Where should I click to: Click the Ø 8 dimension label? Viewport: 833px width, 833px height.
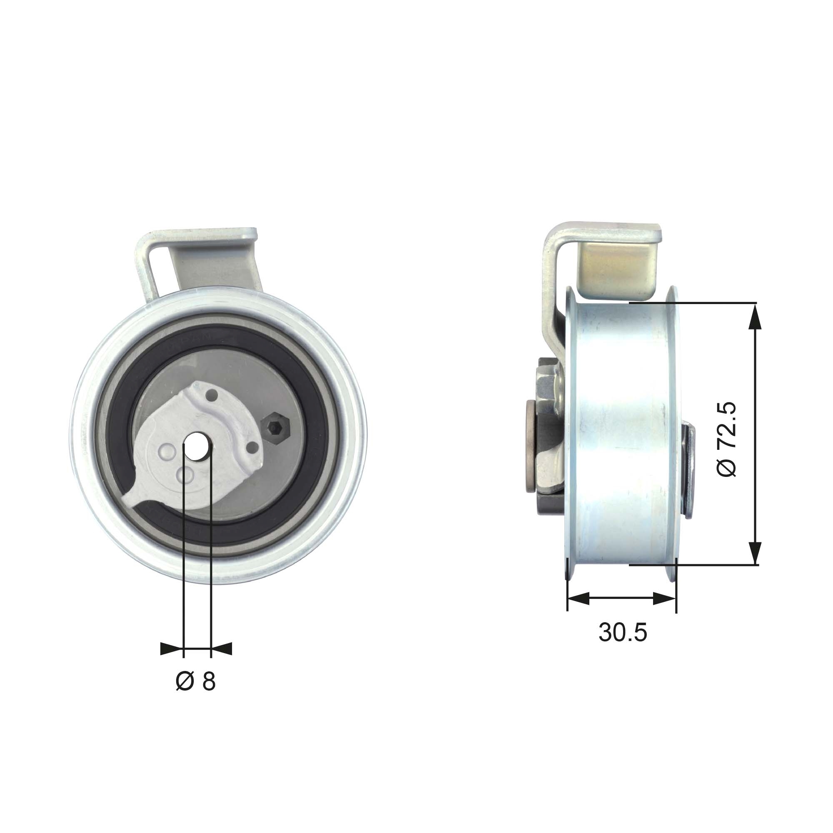(x=196, y=682)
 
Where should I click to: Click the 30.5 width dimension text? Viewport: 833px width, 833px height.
(x=623, y=633)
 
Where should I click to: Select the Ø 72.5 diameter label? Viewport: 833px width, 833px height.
(x=727, y=440)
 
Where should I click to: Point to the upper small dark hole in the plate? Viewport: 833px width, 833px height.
(x=212, y=394)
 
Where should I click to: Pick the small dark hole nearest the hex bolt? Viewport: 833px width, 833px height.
(x=253, y=448)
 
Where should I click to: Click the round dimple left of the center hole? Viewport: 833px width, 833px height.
(x=167, y=451)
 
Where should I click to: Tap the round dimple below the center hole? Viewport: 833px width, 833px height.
(x=186, y=475)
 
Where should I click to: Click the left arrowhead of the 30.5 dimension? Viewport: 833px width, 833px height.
(x=578, y=598)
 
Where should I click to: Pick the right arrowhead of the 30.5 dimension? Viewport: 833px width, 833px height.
(x=664, y=598)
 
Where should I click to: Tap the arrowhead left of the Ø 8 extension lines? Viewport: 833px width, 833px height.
(x=170, y=648)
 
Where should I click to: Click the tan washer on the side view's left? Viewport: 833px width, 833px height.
(x=530, y=446)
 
